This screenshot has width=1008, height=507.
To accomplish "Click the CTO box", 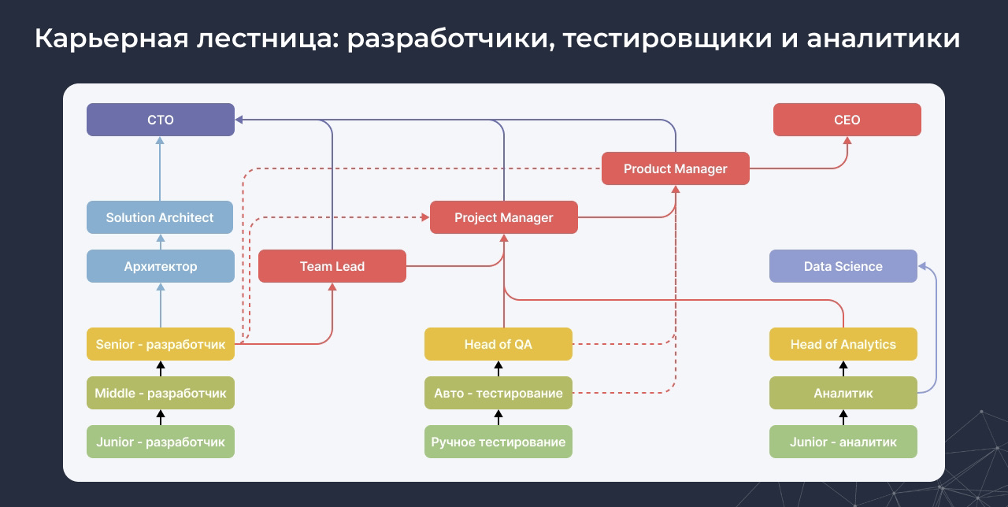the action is pos(161,120).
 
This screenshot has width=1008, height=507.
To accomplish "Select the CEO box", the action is pos(847,120).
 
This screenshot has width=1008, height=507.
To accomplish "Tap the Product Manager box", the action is pos(676,168).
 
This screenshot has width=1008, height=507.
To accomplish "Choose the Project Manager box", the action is pos(504,217).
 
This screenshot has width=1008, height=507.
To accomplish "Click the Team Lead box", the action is pos(332,266).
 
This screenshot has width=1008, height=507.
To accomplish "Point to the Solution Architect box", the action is pos(160,217).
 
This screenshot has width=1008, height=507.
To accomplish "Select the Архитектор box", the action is pos(161,266).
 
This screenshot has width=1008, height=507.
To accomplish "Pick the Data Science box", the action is pos(843,266).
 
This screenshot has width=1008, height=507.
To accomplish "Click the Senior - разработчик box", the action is pos(161,344).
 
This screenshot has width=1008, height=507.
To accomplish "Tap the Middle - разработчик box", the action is pos(161,393).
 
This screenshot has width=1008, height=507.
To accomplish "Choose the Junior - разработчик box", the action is pos(161,442).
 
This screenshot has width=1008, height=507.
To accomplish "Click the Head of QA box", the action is pos(498,344).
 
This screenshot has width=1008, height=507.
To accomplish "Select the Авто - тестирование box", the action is pos(498,393).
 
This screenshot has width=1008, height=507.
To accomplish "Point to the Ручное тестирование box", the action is pos(498,442).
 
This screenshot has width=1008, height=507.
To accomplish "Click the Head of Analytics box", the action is pos(843,344).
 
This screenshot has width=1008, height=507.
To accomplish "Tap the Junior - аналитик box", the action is pos(843,442).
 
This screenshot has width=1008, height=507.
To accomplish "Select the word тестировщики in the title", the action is pos(667,39).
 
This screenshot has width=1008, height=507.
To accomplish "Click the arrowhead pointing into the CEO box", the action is pos(847,140).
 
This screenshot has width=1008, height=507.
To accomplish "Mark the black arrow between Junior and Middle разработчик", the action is pos(161,417).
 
